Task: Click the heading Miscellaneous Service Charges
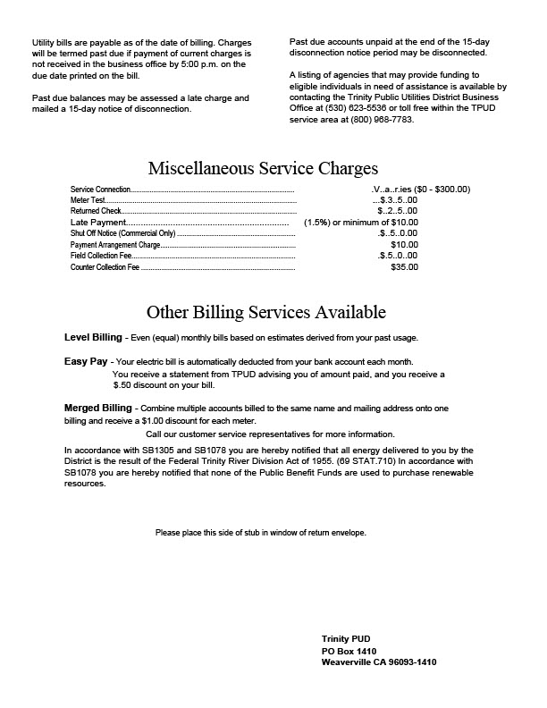[263, 168]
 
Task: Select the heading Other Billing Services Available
[265, 312]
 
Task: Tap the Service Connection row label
[100, 190]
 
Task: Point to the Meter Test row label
[88, 200]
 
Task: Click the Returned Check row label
[95, 211]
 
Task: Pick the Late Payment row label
[98, 222]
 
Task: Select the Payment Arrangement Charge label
[114, 244]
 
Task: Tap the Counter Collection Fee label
[105, 266]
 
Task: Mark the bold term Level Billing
[93, 337]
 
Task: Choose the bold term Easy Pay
[86, 360]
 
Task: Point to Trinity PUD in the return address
[345, 639]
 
